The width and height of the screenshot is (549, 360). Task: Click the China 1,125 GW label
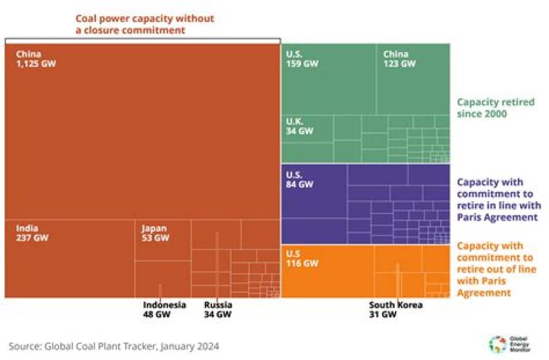point(36,59)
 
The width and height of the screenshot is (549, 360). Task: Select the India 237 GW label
point(33,233)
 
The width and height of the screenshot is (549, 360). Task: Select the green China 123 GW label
point(399,59)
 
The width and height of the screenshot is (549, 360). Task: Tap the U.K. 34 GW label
point(300,126)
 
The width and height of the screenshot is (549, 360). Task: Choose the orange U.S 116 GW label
point(300,259)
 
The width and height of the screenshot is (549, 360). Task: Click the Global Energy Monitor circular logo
point(496,344)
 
